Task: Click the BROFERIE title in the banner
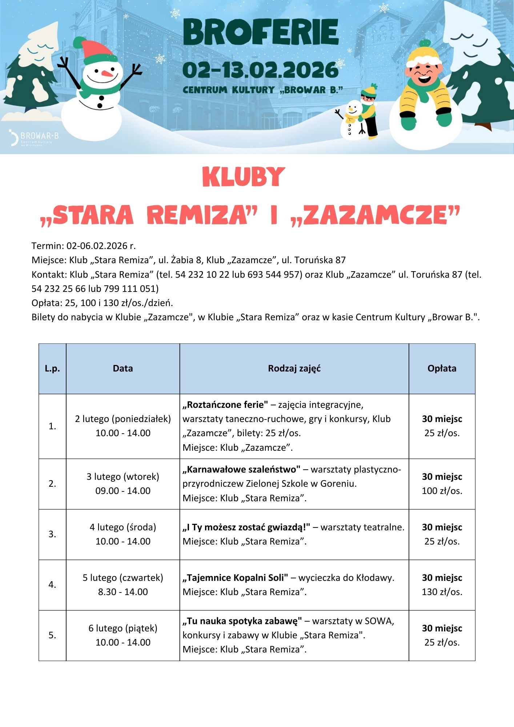[261, 32]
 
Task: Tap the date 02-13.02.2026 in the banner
[261, 70]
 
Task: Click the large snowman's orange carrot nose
[107, 73]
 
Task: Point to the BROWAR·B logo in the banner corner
[34, 137]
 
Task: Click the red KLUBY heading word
[243, 177]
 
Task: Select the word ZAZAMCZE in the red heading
[376, 215]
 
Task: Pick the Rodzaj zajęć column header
[294, 369]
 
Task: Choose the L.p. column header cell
[52, 369]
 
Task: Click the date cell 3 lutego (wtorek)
[123, 477]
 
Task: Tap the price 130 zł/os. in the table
[442, 592]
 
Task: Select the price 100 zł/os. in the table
[442, 491]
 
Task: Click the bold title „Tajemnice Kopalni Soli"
[235, 578]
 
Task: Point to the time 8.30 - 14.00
[123, 592]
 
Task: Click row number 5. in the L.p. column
[52, 635]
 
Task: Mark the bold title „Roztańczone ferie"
[225, 405]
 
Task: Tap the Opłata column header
[442, 369]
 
